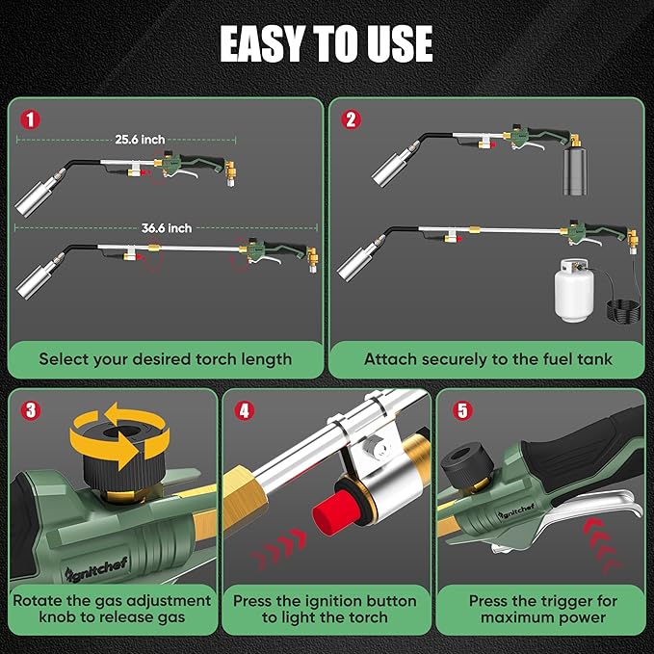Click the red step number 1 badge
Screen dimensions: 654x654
click(x=30, y=120)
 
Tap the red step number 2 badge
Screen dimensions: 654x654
click(x=351, y=119)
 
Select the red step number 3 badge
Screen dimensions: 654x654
click(x=31, y=410)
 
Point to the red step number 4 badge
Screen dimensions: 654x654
click(x=244, y=410)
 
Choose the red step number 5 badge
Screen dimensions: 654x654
click(x=462, y=410)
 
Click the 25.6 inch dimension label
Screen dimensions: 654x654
click(x=140, y=140)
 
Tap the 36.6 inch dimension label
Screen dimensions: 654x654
click(x=167, y=228)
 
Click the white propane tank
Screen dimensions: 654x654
click(x=573, y=290)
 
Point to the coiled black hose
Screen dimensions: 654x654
click(x=623, y=310)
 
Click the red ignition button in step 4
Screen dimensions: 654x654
click(x=333, y=512)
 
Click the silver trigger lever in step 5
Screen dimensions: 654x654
click(x=584, y=513)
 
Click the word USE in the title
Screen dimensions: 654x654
click(x=398, y=43)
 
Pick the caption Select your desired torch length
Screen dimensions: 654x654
click(x=165, y=359)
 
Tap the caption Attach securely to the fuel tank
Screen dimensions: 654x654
click(x=488, y=359)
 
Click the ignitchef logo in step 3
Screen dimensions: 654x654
click(x=96, y=568)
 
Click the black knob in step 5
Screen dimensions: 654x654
click(x=467, y=465)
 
